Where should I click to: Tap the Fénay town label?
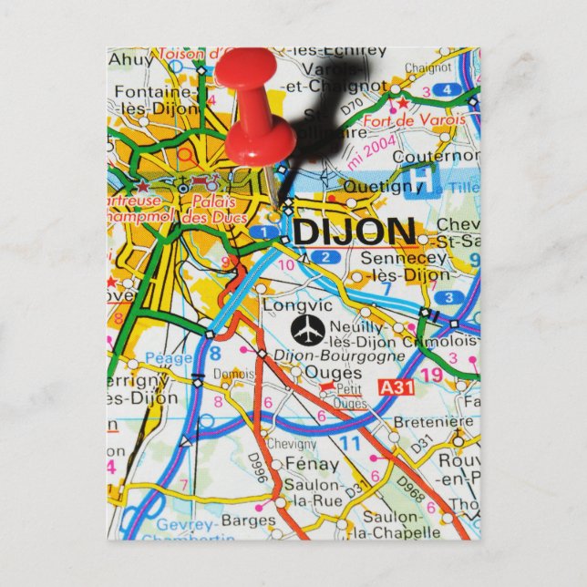(x=312, y=463)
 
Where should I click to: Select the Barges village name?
(x=247, y=520)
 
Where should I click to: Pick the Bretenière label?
(x=434, y=422)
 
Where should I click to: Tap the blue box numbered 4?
(x=446, y=89)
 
